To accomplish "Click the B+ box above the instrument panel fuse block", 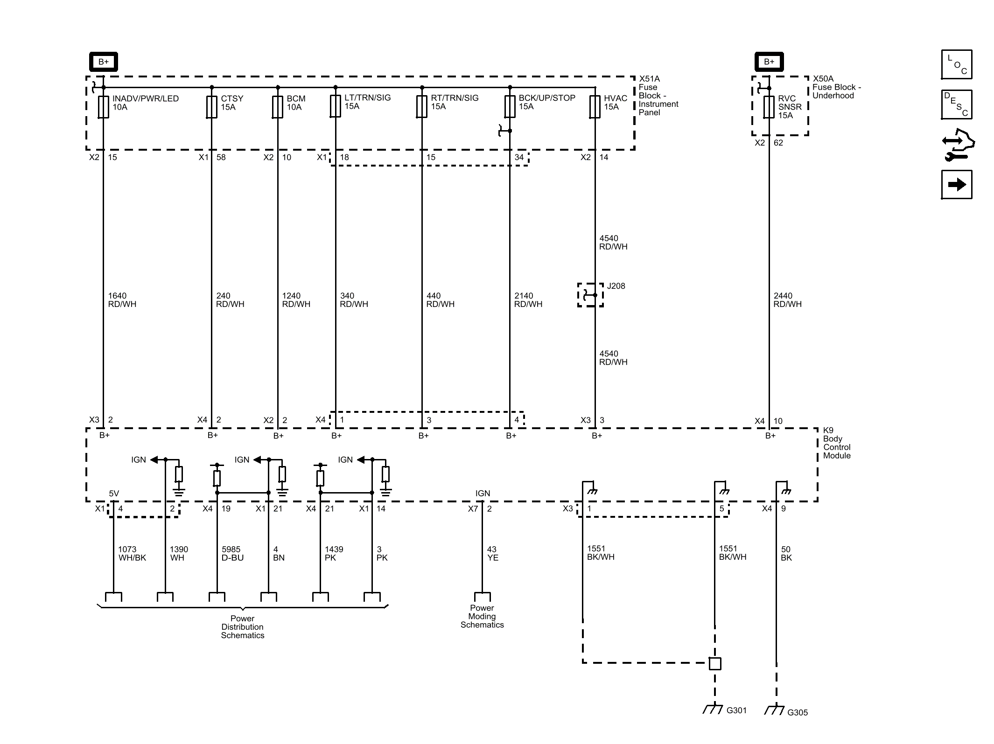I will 103,62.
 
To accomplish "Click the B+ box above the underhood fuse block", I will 769,62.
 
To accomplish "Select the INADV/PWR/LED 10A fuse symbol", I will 103,107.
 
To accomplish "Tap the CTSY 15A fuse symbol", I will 211,107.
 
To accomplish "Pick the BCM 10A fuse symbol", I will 278,107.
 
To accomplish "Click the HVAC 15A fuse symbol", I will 595,107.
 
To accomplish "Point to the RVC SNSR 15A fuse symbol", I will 769,107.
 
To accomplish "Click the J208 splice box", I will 590,295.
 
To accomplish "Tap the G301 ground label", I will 736,710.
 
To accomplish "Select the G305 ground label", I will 797,712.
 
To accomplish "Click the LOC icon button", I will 957,64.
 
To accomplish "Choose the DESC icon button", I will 957,104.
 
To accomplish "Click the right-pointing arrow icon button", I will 957,185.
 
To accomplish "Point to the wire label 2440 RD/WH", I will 787,300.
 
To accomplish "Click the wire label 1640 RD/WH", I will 122,300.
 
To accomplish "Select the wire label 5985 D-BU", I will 232,554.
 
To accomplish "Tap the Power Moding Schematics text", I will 482,616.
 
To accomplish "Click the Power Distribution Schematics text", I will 243,627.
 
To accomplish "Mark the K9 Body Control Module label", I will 836,443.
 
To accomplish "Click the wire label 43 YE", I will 492,554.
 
